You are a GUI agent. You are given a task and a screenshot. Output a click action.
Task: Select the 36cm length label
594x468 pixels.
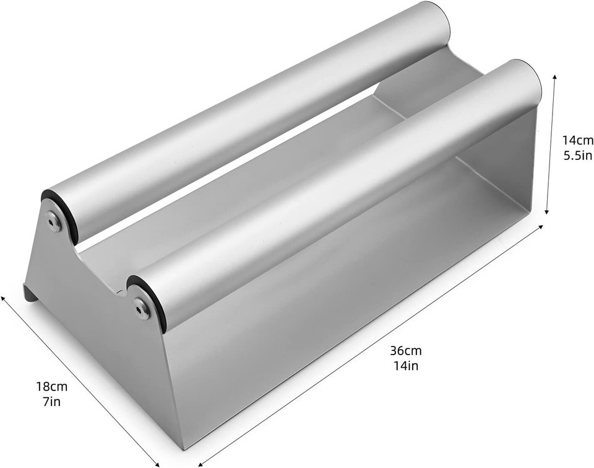click(406, 351)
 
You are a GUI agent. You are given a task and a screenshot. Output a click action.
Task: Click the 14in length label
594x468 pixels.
click(406, 365)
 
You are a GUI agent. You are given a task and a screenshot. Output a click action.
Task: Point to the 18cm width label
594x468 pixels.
click(51, 387)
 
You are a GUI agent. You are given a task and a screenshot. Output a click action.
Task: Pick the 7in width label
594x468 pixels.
click(51, 401)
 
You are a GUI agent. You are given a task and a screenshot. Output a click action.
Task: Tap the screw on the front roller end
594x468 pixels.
click(142, 308)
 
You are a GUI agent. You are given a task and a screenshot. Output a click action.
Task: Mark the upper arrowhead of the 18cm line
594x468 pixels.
click(3, 298)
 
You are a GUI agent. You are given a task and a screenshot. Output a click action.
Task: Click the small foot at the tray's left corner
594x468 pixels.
click(30, 293)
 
